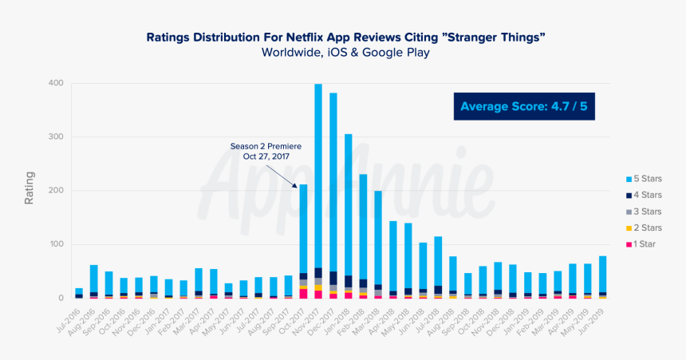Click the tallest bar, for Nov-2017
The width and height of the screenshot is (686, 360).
point(318,192)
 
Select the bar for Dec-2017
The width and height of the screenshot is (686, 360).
point(333,196)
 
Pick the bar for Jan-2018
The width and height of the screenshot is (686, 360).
point(349,216)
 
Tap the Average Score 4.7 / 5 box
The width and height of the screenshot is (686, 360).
point(526,105)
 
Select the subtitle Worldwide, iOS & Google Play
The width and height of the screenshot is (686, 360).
point(345,53)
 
